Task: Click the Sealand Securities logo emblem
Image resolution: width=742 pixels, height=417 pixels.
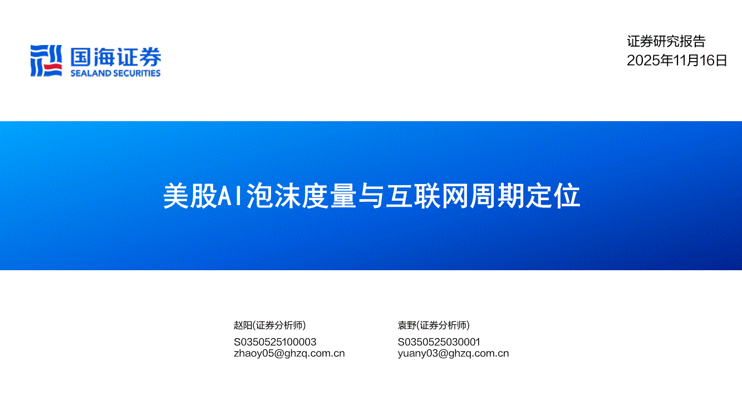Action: pyautogui.click(x=46, y=61)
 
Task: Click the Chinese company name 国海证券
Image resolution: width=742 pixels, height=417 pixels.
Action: pyautogui.click(x=116, y=57)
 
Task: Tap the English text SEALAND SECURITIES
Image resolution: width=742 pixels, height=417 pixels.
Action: pyautogui.click(x=115, y=73)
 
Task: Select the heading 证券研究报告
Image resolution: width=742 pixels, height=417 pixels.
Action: pyautogui.click(x=666, y=42)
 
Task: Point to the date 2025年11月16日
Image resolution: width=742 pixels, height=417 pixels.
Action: pyautogui.click(x=677, y=60)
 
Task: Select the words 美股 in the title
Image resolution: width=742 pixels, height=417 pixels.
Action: pyautogui.click(x=190, y=196)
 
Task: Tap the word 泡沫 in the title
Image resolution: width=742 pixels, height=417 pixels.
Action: pyautogui.click(x=273, y=196)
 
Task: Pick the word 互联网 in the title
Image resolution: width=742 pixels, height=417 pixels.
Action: pyautogui.click(x=427, y=196)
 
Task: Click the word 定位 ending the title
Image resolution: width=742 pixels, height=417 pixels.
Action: pyautogui.click(x=553, y=196)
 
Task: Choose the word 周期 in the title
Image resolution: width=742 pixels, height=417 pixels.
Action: pyautogui.click(x=497, y=196)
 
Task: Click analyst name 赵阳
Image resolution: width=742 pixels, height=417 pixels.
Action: pyautogui.click(x=243, y=325)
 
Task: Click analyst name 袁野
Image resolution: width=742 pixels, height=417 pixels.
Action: pyautogui.click(x=407, y=325)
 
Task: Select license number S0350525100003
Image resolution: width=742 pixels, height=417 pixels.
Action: pyautogui.click(x=275, y=342)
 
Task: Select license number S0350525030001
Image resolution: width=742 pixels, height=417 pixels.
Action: pyautogui.click(x=439, y=342)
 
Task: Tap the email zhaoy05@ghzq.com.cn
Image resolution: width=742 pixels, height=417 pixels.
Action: pyautogui.click(x=289, y=354)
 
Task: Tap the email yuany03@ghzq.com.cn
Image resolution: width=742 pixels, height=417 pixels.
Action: pyautogui.click(x=453, y=354)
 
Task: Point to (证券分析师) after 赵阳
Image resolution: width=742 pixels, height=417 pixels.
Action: pyautogui.click(x=279, y=325)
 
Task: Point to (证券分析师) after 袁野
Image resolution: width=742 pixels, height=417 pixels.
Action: pyautogui.click(x=443, y=325)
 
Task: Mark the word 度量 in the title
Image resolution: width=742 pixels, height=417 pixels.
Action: pyautogui.click(x=329, y=196)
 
